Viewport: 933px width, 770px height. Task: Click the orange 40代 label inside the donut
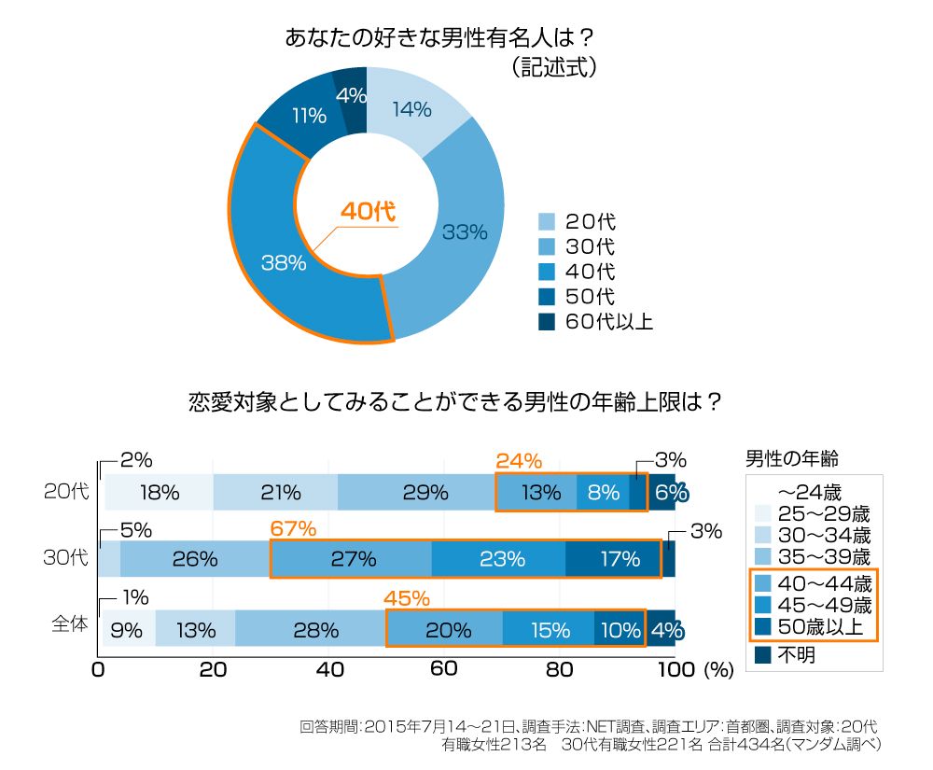tap(368, 212)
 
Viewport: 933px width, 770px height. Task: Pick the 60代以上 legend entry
tap(596, 322)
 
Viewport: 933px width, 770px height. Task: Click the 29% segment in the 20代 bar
tap(416, 493)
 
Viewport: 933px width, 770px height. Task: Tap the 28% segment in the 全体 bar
tap(310, 629)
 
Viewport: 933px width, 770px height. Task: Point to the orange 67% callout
tap(293, 529)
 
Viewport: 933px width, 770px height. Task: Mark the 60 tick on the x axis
tap(444, 669)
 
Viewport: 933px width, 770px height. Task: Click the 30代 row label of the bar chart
tap(65, 559)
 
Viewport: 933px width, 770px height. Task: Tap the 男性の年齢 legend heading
tap(792, 458)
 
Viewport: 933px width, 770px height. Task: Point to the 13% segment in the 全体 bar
tap(195, 629)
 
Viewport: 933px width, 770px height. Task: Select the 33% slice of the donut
tap(464, 232)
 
